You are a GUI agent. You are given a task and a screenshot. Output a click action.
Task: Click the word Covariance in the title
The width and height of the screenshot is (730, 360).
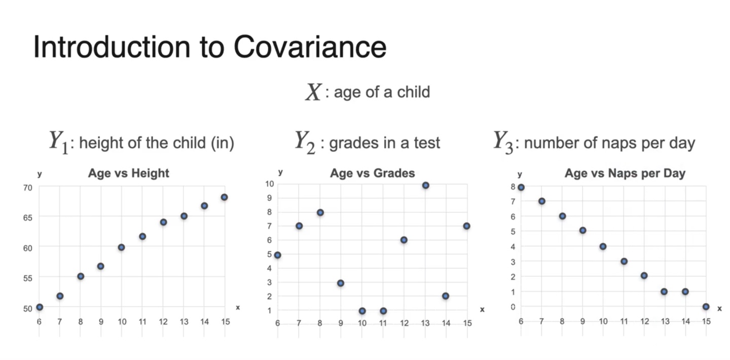click(x=310, y=47)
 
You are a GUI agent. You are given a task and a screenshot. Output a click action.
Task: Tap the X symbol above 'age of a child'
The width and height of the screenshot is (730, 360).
click(x=313, y=92)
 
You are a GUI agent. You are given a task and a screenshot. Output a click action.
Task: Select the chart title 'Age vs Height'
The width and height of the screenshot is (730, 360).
click(x=128, y=173)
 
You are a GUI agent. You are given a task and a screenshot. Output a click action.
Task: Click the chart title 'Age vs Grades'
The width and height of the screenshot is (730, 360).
click(x=372, y=173)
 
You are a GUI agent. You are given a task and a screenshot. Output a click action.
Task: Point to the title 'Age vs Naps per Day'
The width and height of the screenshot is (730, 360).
click(x=625, y=173)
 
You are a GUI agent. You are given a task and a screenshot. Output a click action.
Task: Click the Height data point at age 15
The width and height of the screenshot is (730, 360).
click(x=224, y=197)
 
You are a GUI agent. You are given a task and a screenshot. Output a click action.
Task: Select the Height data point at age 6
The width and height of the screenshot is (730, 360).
click(x=40, y=307)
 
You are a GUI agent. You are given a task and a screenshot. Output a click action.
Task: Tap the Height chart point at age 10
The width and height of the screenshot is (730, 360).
click(x=122, y=247)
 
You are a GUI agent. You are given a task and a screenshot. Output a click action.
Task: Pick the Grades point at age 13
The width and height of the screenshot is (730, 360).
click(x=426, y=186)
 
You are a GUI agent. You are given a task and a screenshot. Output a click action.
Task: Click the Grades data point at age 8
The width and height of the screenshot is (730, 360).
click(x=320, y=212)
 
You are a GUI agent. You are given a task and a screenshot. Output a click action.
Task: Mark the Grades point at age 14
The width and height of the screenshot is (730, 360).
click(x=446, y=296)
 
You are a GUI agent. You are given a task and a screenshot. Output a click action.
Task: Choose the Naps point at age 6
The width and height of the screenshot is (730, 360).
click(x=521, y=187)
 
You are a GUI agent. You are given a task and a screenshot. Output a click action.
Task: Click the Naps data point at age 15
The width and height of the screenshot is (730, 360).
click(x=706, y=307)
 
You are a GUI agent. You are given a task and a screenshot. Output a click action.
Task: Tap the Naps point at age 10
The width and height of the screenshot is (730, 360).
click(x=603, y=246)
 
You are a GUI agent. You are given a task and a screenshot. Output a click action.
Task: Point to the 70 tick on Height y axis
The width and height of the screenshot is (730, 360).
click(x=27, y=188)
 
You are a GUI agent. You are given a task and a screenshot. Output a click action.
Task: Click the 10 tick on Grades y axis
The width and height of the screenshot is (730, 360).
click(x=269, y=184)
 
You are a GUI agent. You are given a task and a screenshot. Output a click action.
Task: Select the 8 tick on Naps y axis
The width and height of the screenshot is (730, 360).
click(x=513, y=187)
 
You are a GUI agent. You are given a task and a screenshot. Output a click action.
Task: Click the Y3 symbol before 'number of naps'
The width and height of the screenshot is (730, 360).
click(x=505, y=142)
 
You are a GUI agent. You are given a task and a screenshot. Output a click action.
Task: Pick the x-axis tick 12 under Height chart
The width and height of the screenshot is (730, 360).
click(x=163, y=321)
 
